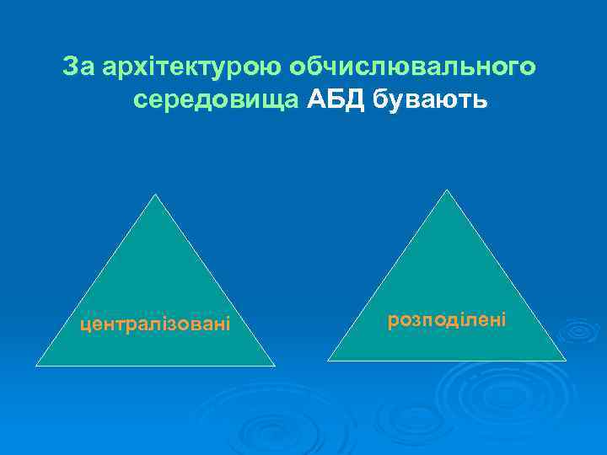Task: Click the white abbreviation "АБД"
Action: [x=336, y=100]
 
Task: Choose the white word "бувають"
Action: [x=429, y=100]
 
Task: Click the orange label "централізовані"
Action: [x=155, y=324]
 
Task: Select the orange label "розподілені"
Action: [x=447, y=319]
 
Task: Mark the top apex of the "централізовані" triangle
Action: [x=154, y=195]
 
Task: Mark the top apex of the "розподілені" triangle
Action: [x=446, y=190]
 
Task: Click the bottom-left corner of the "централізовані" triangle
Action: [x=35, y=366]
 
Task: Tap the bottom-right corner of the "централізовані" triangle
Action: [x=275, y=366]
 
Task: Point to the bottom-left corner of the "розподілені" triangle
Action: [x=328, y=361]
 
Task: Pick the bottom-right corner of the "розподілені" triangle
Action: [x=566, y=361]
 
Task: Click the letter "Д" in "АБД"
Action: [x=354, y=100]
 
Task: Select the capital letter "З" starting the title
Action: [x=71, y=67]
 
